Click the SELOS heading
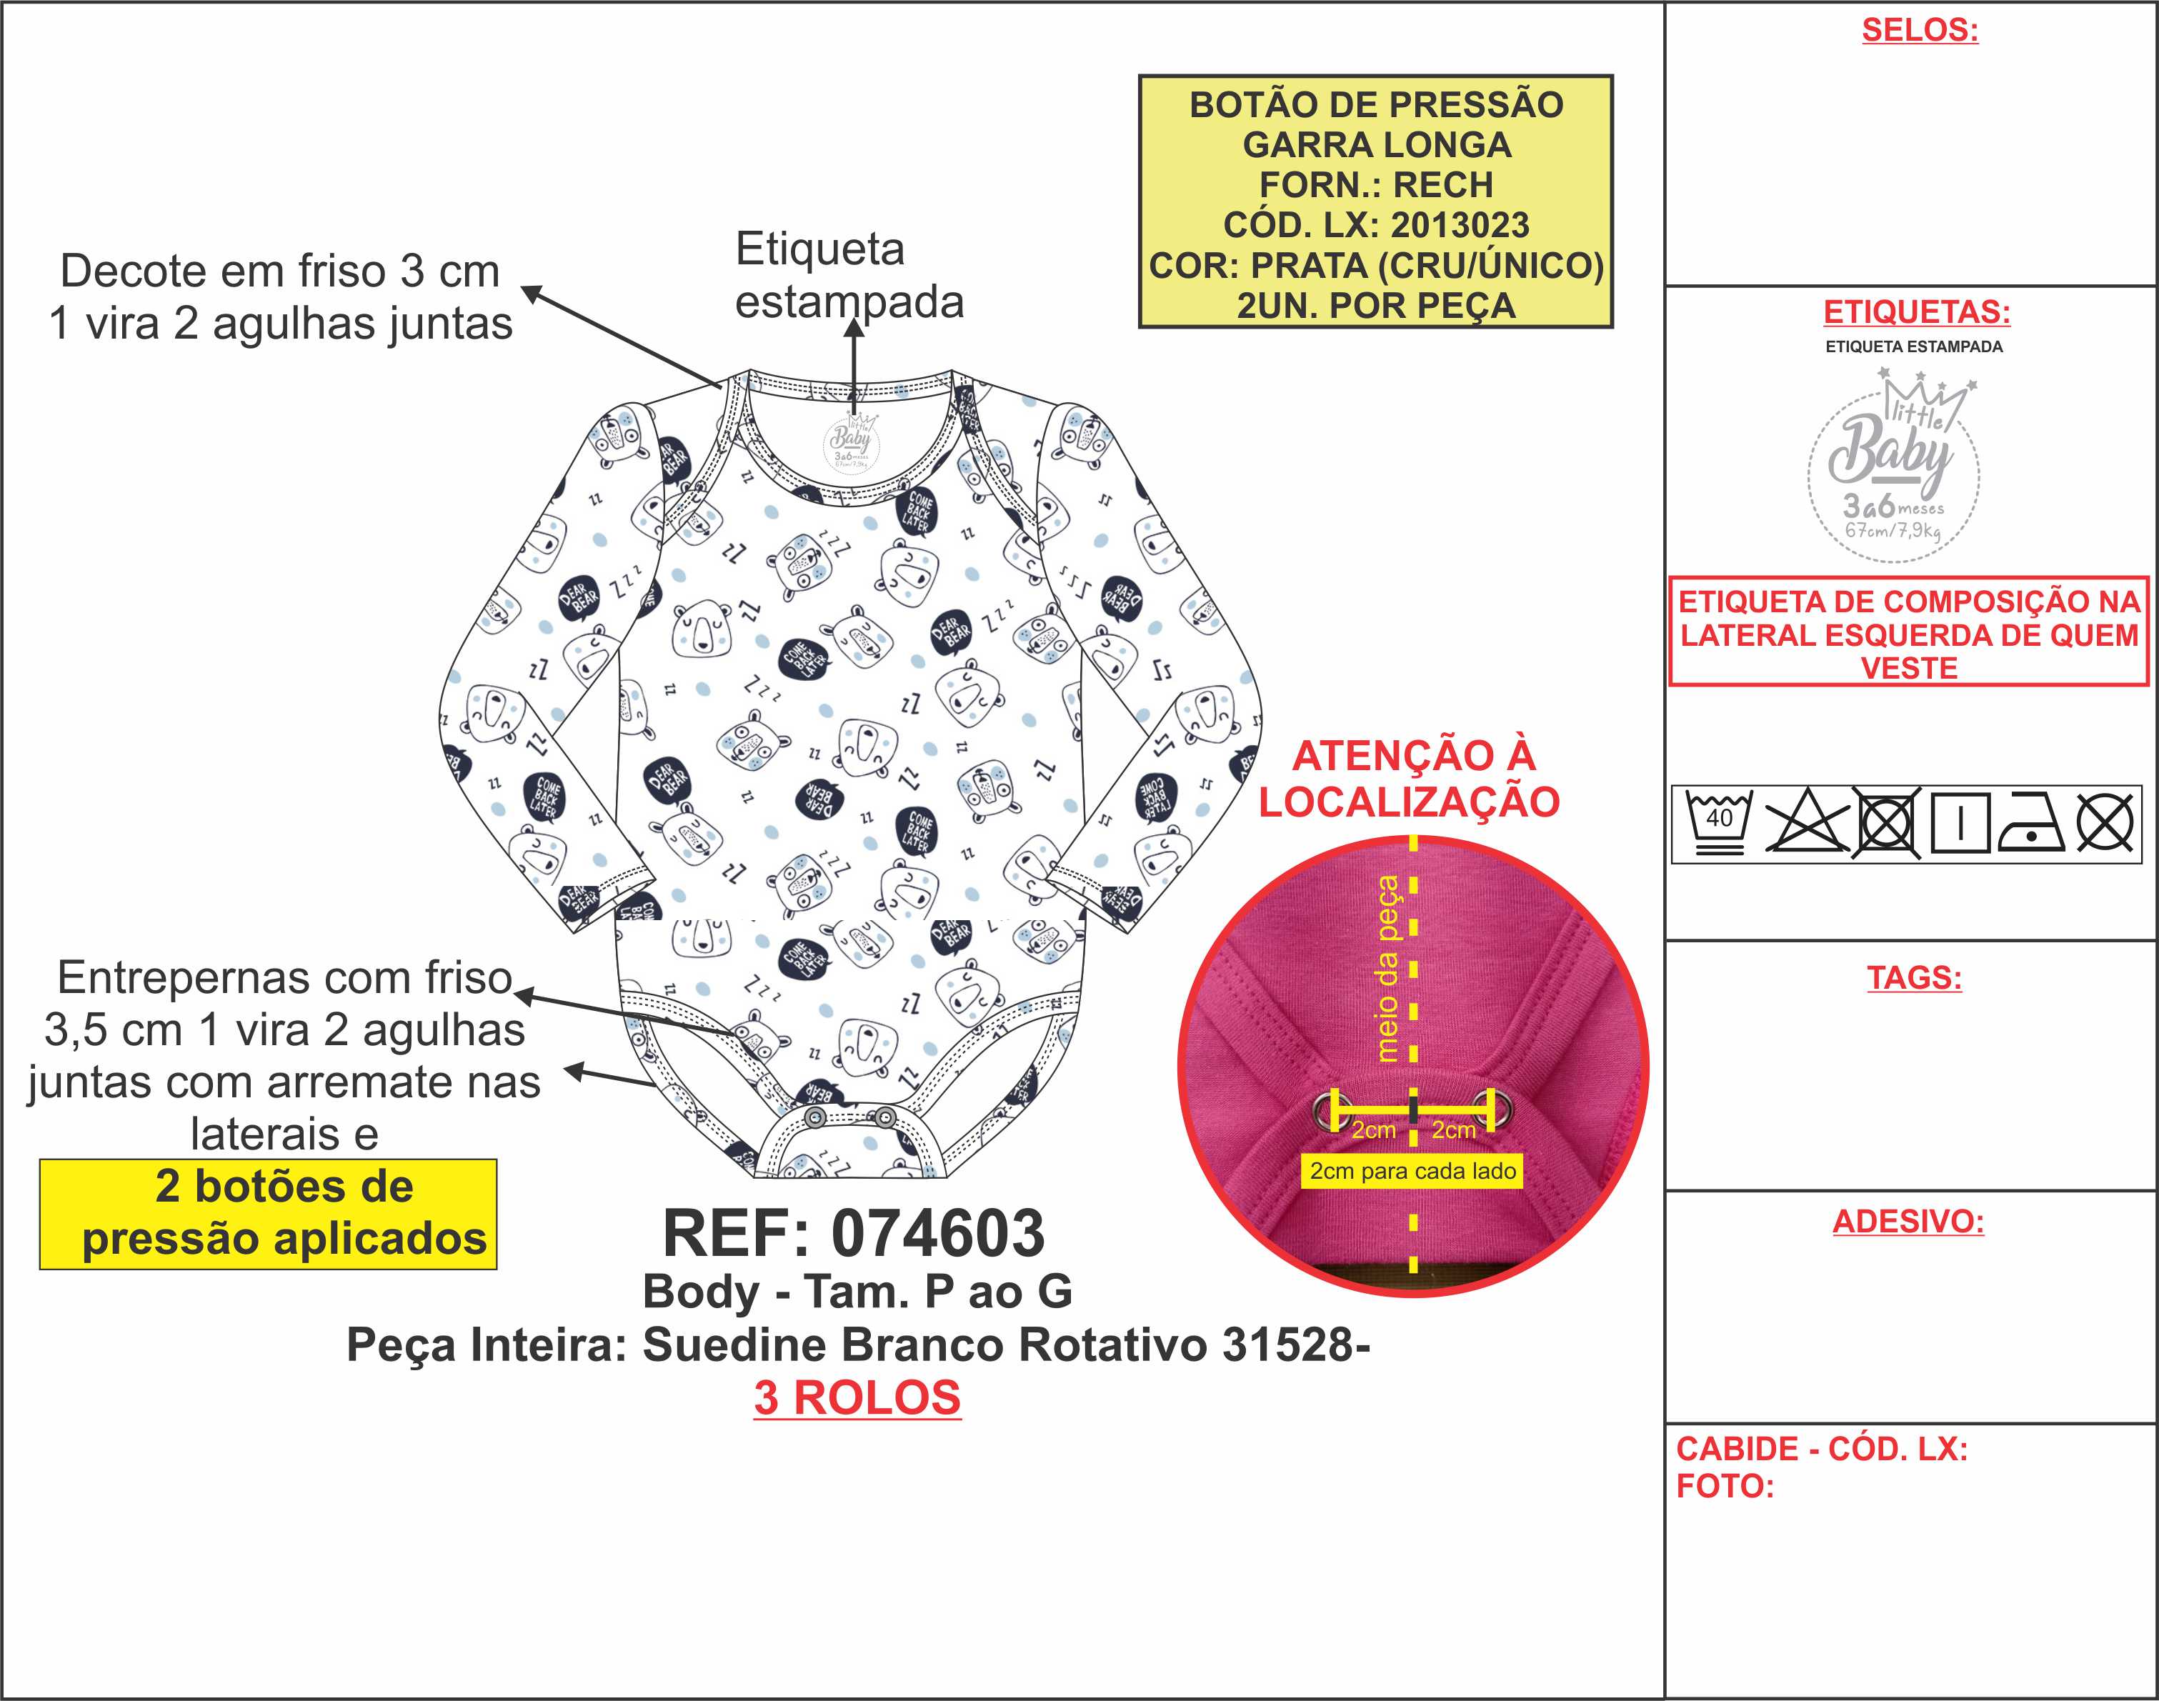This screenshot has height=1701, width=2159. point(1919,30)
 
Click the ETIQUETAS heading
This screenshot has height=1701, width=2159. point(1916,311)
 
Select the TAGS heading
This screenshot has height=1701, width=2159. point(1914,977)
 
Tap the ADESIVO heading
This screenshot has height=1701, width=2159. point(1908,1221)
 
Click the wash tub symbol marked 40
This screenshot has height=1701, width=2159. point(1719,822)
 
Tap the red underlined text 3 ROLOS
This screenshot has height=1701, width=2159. point(857,1397)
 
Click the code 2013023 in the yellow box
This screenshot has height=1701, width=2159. point(1459,225)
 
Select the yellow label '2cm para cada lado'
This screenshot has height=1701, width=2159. point(1412,1171)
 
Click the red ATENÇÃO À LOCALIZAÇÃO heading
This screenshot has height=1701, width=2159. point(1410,779)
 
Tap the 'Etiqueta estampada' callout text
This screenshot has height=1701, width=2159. point(849,275)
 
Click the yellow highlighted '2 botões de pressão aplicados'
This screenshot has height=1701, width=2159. point(269,1213)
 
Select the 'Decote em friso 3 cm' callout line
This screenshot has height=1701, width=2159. point(280,271)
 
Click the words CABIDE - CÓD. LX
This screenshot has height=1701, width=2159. point(1821,1449)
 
